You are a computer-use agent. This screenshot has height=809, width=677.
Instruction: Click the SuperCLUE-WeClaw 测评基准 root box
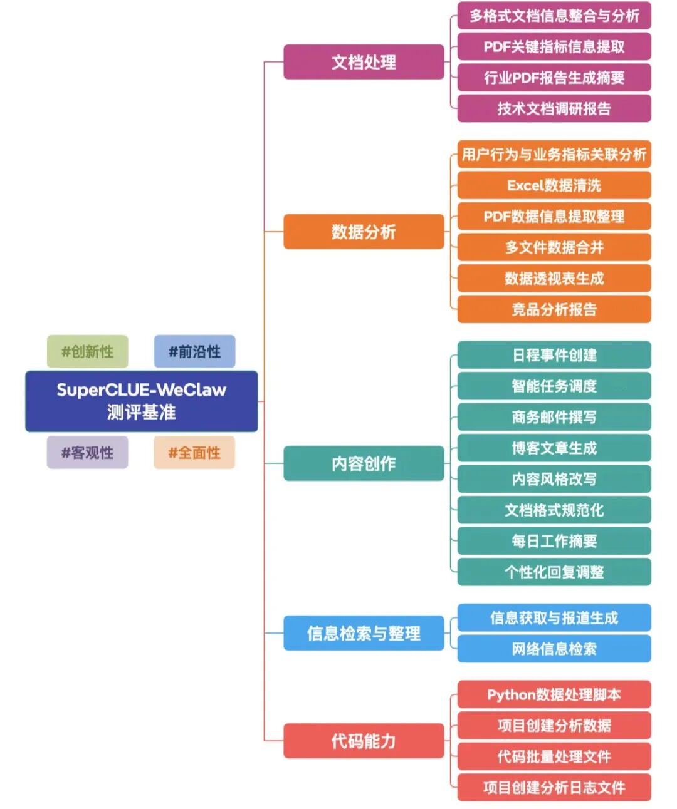tap(141, 401)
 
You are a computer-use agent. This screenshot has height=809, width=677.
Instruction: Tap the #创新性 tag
tap(87, 351)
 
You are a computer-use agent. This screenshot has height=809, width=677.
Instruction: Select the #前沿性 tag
tap(194, 351)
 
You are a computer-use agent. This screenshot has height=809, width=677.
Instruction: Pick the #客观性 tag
tap(87, 453)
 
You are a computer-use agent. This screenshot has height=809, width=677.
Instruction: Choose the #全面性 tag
tap(194, 453)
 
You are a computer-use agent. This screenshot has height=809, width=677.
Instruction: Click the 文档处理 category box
tap(364, 62)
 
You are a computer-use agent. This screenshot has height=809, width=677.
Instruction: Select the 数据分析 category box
tap(364, 232)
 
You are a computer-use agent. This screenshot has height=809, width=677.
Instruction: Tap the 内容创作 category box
tap(364, 463)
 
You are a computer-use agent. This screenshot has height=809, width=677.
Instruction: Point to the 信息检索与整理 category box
tap(364, 633)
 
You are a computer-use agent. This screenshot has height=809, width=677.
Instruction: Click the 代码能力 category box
tap(364, 741)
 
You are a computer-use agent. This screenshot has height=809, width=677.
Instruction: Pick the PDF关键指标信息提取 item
tap(554, 46)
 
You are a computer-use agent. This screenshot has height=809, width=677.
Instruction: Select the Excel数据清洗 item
tap(554, 185)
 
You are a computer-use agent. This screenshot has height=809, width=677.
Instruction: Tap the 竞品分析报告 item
tap(554, 309)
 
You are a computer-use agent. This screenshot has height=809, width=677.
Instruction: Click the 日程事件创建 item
tap(554, 355)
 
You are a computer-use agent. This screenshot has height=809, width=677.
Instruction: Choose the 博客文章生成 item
tap(554, 448)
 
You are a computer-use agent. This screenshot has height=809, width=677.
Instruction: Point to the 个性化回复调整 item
tap(554, 572)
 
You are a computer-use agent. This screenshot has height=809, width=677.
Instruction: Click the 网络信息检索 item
tap(554, 649)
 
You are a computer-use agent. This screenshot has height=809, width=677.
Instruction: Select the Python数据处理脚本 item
tap(554, 694)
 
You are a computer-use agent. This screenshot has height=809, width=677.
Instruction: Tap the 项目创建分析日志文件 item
tap(554, 787)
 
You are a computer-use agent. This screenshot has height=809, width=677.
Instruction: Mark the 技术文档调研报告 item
tap(554, 108)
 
